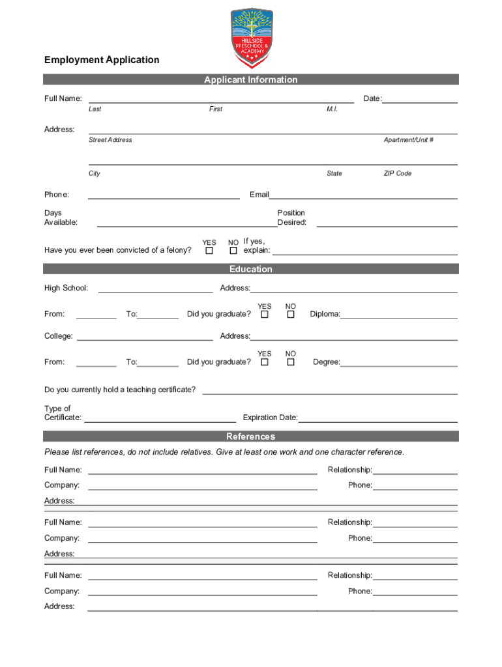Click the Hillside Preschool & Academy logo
pyautogui.click(x=252, y=38)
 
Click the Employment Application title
pyautogui.click(x=102, y=60)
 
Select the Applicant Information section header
pyautogui.click(x=251, y=79)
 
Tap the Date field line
pyautogui.click(x=420, y=98)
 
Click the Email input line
pyautogui.click(x=363, y=194)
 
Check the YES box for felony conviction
pyautogui.click(x=209, y=251)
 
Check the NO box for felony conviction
pyautogui.click(x=233, y=251)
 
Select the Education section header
pyautogui.click(x=251, y=269)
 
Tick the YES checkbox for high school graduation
pyautogui.click(x=265, y=315)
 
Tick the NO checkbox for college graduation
pyautogui.click(x=291, y=362)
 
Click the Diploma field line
pyautogui.click(x=398, y=314)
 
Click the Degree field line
pyautogui.click(x=398, y=362)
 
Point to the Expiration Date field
pyautogui.click(x=377, y=418)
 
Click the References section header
pyautogui.click(x=251, y=436)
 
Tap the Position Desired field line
pyautogui.click(x=387, y=222)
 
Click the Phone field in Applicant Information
pyautogui.click(x=164, y=194)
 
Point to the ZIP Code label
pyautogui.click(x=398, y=174)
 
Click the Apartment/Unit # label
pyautogui.click(x=409, y=140)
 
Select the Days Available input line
pyautogui.click(x=187, y=222)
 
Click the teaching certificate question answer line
pyautogui.click(x=330, y=390)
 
